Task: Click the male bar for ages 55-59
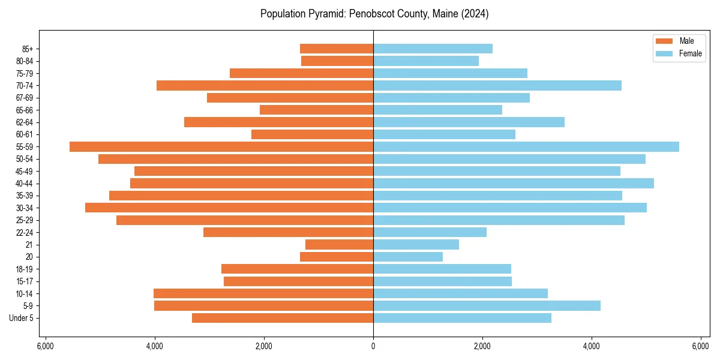tap(221, 147)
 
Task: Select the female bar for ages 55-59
tap(526, 147)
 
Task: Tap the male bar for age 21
tap(339, 245)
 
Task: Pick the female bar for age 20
tap(408, 257)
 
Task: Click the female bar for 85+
tap(433, 49)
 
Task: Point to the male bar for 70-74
tap(265, 86)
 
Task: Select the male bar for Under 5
tap(283, 318)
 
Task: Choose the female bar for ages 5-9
tap(487, 306)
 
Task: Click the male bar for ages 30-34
tap(229, 208)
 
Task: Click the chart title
tap(374, 14)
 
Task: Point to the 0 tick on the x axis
tap(373, 346)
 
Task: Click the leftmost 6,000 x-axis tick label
tap(46, 346)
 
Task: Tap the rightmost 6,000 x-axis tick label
tap(701, 346)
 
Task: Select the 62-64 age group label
tap(25, 122)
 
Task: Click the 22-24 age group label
tap(25, 233)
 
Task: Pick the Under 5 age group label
tap(22, 318)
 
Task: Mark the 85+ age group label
tap(28, 49)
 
